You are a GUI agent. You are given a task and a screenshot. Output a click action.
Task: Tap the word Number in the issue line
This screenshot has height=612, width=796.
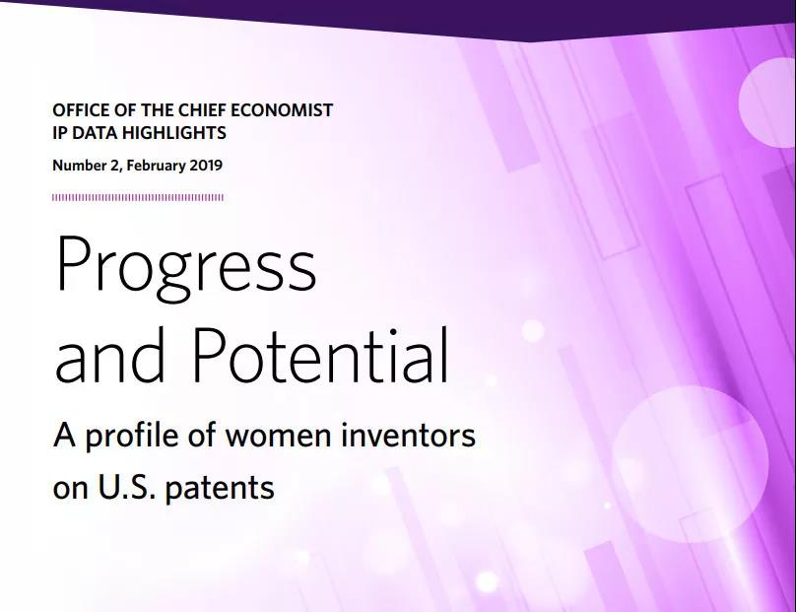pyautogui.click(x=78, y=166)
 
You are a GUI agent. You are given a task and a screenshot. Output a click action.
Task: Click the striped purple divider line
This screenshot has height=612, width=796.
pyautogui.click(x=138, y=197)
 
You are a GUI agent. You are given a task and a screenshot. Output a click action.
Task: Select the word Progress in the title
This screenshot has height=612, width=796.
pyautogui.click(x=186, y=268)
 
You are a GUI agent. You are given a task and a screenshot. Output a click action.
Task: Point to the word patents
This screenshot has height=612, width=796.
pyautogui.click(x=220, y=489)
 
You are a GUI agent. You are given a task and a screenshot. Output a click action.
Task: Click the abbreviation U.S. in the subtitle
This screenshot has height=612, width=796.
pyautogui.click(x=127, y=487)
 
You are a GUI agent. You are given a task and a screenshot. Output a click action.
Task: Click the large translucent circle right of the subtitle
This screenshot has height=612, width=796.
pyautogui.click(x=690, y=464)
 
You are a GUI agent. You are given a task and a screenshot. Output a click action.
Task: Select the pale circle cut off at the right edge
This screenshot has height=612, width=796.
pyautogui.click(x=767, y=102)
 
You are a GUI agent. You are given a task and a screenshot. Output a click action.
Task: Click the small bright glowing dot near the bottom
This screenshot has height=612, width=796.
pyautogui.click(x=487, y=581)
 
